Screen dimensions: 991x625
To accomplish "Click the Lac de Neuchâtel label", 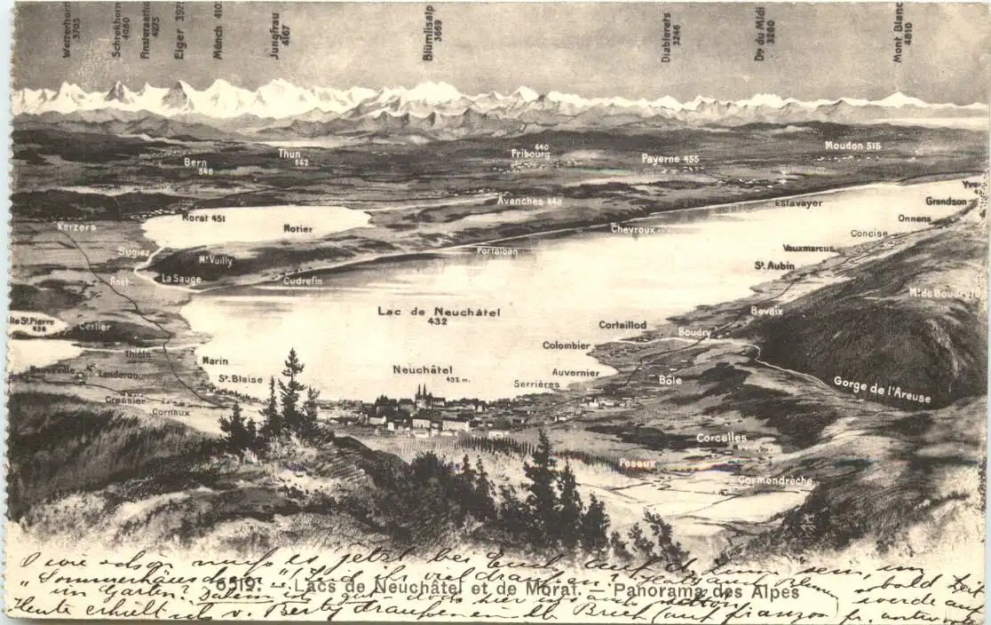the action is (x=439, y=312).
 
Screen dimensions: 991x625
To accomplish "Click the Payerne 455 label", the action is (x=670, y=159).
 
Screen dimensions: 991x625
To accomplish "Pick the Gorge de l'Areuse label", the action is (x=882, y=389).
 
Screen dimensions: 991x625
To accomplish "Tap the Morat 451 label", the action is (x=203, y=218).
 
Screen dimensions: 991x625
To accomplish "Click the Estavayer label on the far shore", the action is (x=798, y=203).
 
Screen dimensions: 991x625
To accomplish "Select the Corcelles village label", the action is (x=721, y=438).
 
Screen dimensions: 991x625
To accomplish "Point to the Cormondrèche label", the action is (x=774, y=480).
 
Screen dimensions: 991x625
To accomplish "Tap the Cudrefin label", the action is (x=303, y=281).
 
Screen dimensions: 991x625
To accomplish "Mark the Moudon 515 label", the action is (x=852, y=146).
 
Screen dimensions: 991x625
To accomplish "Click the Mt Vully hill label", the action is (x=216, y=260).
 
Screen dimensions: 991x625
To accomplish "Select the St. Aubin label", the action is (x=774, y=265).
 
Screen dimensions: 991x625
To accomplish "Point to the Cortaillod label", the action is (x=622, y=325).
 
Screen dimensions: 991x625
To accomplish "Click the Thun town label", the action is (x=289, y=154).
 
